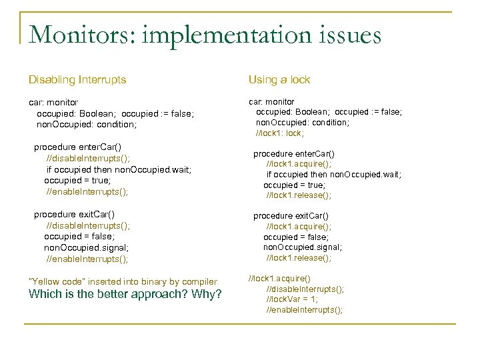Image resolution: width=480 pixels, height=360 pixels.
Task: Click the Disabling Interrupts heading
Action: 77,79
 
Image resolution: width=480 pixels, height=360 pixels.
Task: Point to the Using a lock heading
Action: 279,79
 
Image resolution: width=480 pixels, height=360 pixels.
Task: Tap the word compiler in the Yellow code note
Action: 197,281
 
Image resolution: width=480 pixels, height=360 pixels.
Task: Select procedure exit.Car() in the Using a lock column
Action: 291,216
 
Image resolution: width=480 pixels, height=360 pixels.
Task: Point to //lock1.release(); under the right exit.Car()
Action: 299,257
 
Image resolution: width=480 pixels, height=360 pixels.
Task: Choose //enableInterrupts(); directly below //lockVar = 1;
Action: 305,310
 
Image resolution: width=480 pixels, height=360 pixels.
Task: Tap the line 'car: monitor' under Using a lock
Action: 271,102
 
